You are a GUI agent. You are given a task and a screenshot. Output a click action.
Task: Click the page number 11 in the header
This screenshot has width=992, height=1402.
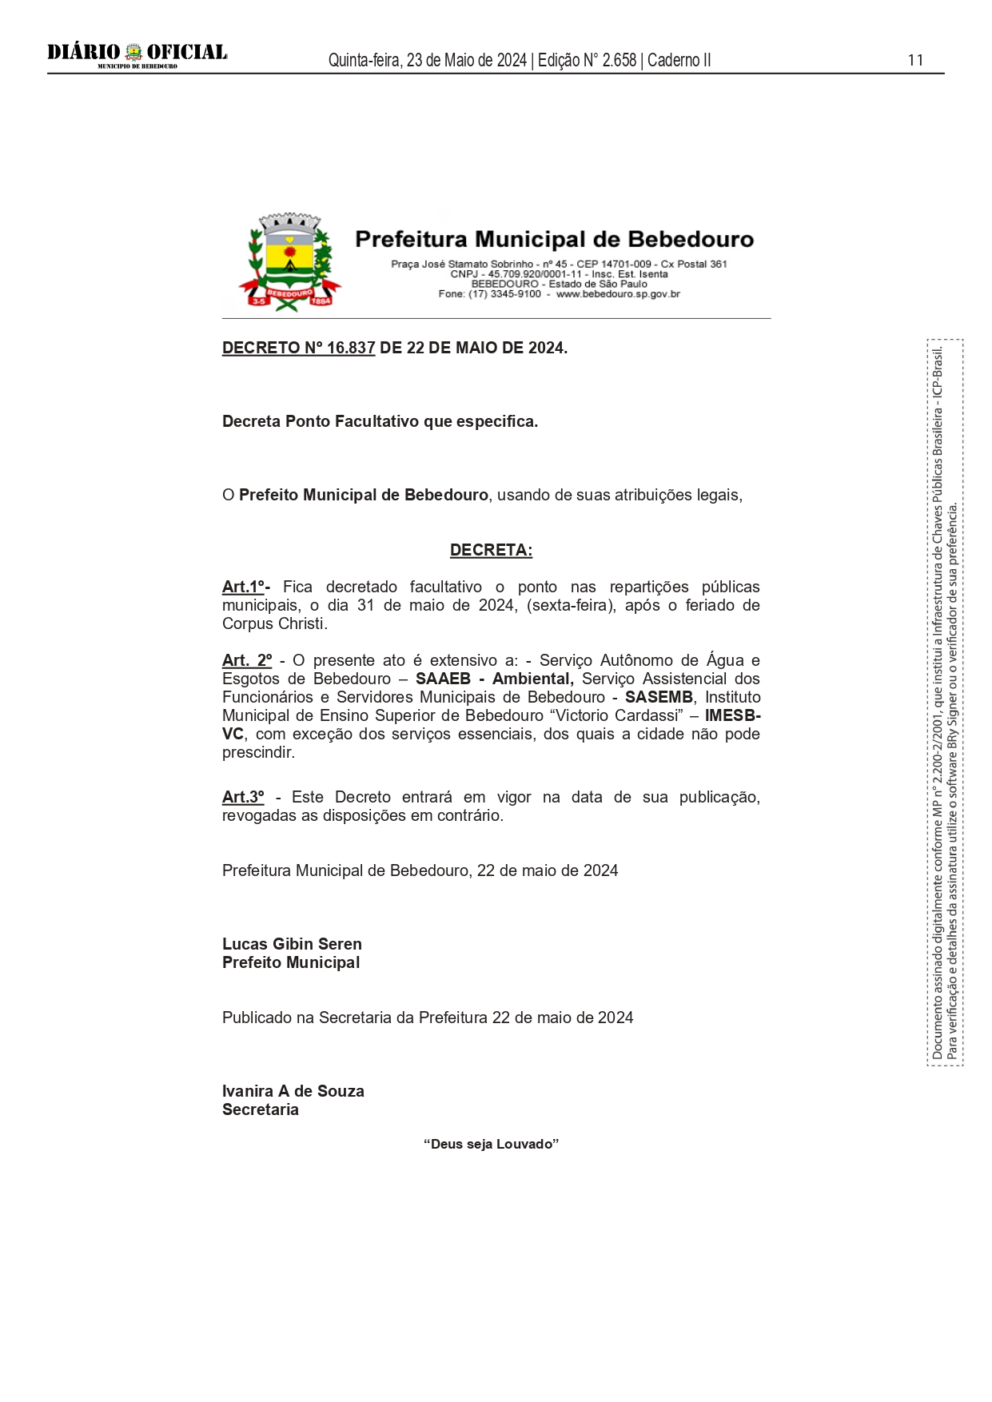point(915,60)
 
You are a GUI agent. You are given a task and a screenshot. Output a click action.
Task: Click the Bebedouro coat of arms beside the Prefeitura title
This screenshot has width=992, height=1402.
point(289,262)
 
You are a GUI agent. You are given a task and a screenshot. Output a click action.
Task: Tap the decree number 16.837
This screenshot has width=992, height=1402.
point(350,348)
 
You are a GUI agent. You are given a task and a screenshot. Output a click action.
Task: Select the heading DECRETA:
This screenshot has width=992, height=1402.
point(491,550)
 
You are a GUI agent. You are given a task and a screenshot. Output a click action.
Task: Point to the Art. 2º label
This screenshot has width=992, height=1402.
point(247,660)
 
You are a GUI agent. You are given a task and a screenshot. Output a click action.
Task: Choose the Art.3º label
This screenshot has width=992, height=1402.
point(243,797)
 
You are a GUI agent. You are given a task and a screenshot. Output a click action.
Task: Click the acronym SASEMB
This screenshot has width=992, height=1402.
point(659,697)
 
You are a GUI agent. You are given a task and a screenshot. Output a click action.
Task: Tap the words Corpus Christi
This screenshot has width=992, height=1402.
point(273,623)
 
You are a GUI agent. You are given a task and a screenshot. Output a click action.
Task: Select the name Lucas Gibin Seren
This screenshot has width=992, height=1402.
point(292,944)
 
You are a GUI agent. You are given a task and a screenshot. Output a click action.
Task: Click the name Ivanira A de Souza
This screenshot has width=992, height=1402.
point(293,1091)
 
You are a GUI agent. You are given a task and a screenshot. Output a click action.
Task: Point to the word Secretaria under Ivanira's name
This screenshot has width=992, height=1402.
point(261,1109)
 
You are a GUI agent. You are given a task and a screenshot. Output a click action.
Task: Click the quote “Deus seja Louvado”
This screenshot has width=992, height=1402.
point(491,1144)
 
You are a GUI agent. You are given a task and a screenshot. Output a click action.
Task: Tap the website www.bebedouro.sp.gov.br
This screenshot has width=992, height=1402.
point(618,294)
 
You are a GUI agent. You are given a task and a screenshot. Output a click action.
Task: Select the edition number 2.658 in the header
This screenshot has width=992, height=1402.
point(620,60)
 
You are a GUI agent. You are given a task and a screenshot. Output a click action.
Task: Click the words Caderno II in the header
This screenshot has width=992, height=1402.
point(679,60)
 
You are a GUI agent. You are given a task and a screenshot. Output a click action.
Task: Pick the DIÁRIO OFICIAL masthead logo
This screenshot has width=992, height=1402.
point(137,54)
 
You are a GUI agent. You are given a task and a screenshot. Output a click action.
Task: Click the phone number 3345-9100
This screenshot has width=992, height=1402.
point(516,294)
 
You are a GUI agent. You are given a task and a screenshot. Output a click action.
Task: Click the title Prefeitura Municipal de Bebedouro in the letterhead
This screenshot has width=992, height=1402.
point(554,239)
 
